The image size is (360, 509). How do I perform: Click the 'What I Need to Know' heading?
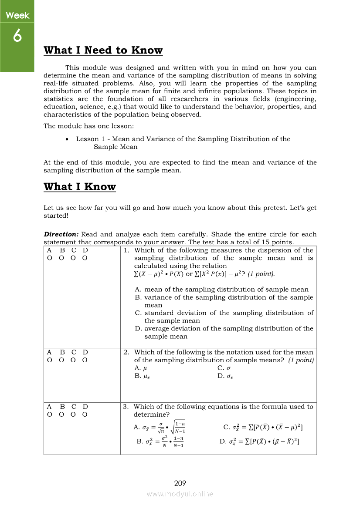point(103,51)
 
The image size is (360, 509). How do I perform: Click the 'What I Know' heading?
point(80,187)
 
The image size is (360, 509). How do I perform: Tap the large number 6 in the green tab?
point(17,37)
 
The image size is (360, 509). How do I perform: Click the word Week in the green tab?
point(17,16)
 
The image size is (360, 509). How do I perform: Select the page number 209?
point(180,483)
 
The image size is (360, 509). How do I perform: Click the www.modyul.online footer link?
point(180,494)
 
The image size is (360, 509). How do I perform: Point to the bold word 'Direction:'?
point(61,234)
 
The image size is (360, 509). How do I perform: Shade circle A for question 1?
point(49,258)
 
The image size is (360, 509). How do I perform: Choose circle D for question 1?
point(85,258)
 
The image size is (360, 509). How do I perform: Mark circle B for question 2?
point(62,360)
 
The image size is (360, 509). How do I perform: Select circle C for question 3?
point(74,415)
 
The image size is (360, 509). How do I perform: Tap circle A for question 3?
point(49,415)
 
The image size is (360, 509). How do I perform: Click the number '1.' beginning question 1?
point(126,250)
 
